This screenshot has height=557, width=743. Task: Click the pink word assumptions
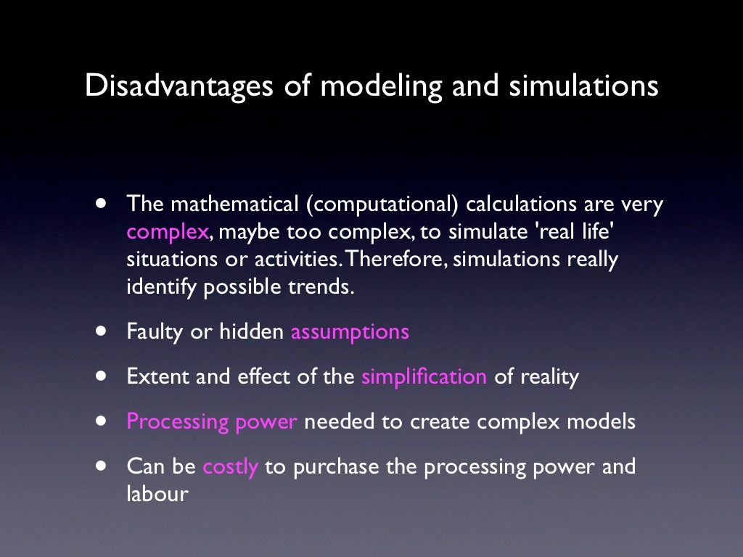[x=350, y=332]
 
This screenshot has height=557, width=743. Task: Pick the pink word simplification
[x=424, y=377]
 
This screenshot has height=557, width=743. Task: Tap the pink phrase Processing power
[x=212, y=422]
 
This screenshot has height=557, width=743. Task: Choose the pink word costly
[x=230, y=466]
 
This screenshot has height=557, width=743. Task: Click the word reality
[x=549, y=377]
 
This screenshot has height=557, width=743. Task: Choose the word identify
[x=162, y=287]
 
